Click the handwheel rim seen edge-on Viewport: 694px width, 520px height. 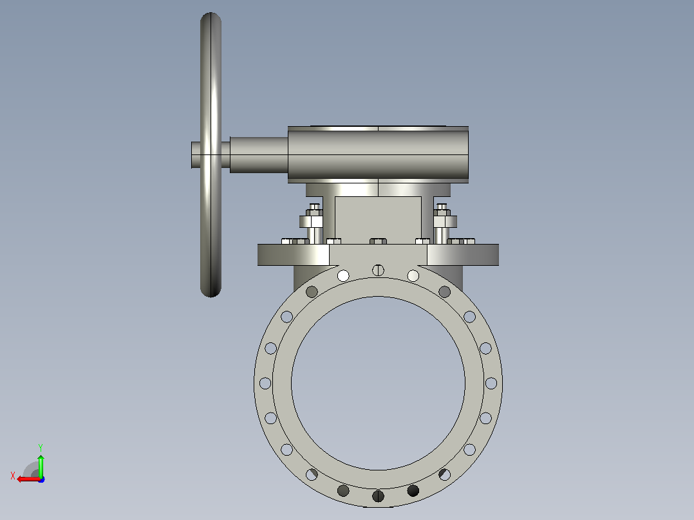pyautogui.click(x=211, y=155)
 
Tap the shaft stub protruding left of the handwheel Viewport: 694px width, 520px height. pyautogui.click(x=196, y=155)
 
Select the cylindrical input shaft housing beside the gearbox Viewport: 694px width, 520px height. pyautogui.click(x=259, y=155)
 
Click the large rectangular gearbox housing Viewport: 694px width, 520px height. pyautogui.click(x=378, y=154)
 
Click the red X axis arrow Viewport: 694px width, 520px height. pyautogui.click(x=29, y=479)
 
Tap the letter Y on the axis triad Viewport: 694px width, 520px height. pyautogui.click(x=41, y=447)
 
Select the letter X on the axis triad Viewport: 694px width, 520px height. pyautogui.click(x=13, y=476)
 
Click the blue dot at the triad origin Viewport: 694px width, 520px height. pyautogui.click(x=41, y=479)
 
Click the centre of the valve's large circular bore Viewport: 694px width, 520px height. pyautogui.click(x=378, y=384)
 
